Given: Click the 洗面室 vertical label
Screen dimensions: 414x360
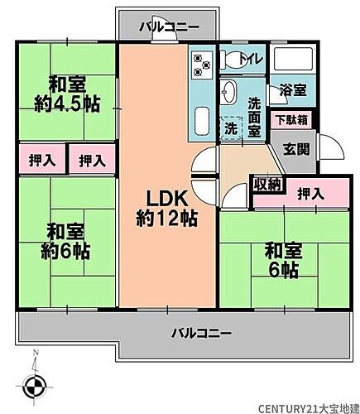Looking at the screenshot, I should coord(255,118).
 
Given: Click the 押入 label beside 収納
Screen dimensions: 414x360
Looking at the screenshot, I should coord(310,194).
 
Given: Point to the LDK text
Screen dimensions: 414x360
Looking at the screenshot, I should coord(169,199).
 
